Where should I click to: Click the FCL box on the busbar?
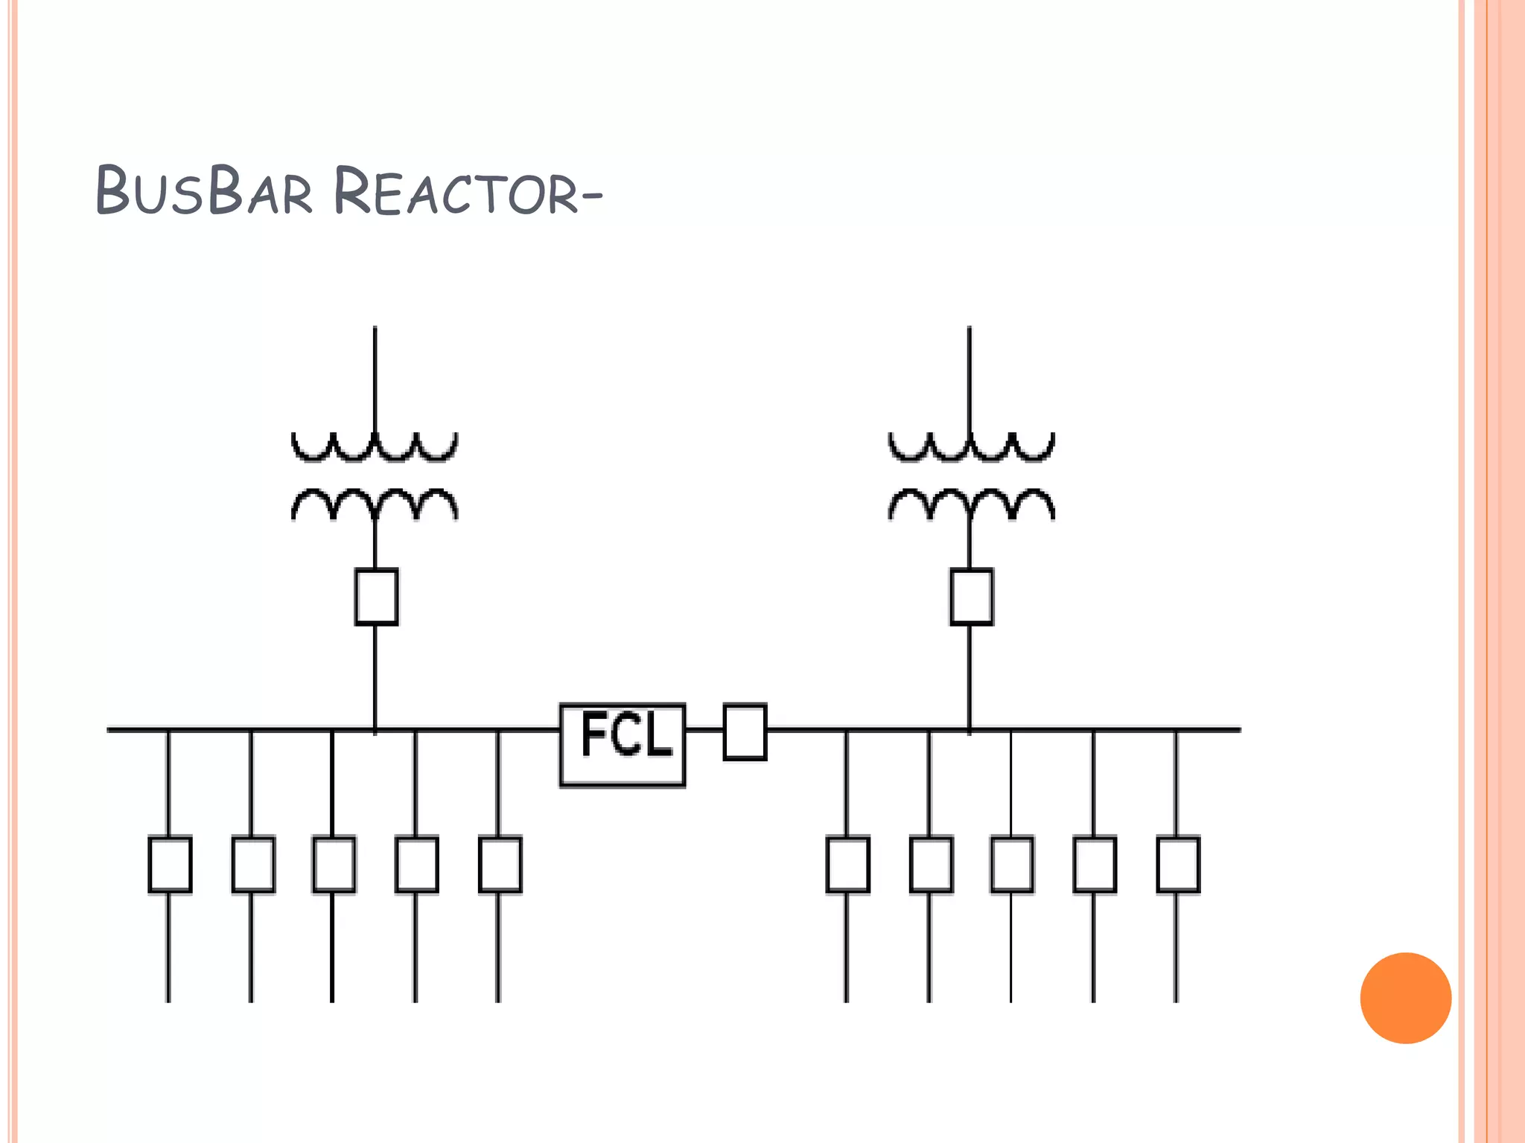[623, 744]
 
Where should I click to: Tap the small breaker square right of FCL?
[745, 731]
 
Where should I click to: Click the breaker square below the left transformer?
[376, 596]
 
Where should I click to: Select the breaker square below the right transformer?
[971, 596]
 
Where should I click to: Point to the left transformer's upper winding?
[375, 446]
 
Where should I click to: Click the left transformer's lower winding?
[375, 505]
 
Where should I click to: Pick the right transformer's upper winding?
[971, 446]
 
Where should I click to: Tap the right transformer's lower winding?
[971, 505]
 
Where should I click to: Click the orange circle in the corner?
[1405, 998]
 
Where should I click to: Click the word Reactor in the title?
[456, 191]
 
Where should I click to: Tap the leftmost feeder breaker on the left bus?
[170, 864]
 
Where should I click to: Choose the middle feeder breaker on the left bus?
[334, 864]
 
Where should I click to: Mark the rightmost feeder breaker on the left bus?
[500, 864]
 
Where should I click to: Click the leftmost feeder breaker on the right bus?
[847, 864]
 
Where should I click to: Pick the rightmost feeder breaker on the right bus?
[1177, 864]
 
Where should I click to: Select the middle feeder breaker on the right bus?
[1012, 864]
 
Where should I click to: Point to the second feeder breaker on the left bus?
[253, 864]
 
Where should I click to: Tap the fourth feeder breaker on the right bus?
[1095, 864]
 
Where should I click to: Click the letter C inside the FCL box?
[627, 734]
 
